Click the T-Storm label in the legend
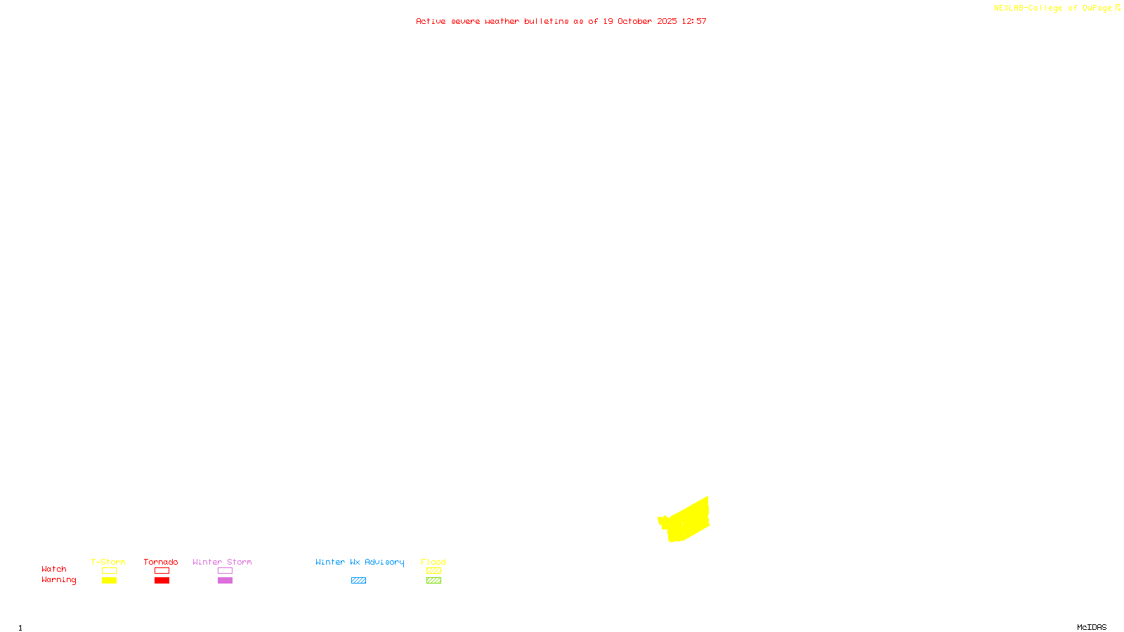coord(108,562)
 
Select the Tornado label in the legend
coord(161,562)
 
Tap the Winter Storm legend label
coord(222,562)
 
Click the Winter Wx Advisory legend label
coord(360,562)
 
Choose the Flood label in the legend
coord(433,562)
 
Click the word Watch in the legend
coord(54,570)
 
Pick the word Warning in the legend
coord(59,580)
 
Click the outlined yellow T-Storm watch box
coord(109,571)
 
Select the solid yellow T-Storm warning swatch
coord(109,581)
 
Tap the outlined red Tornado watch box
coord(162,571)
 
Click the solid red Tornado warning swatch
coord(162,581)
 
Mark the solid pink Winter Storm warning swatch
coord(225,581)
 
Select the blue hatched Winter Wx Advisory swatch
coord(358,581)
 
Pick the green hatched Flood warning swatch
coord(433,581)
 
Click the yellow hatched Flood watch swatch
coord(433,571)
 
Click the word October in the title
coord(634,21)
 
